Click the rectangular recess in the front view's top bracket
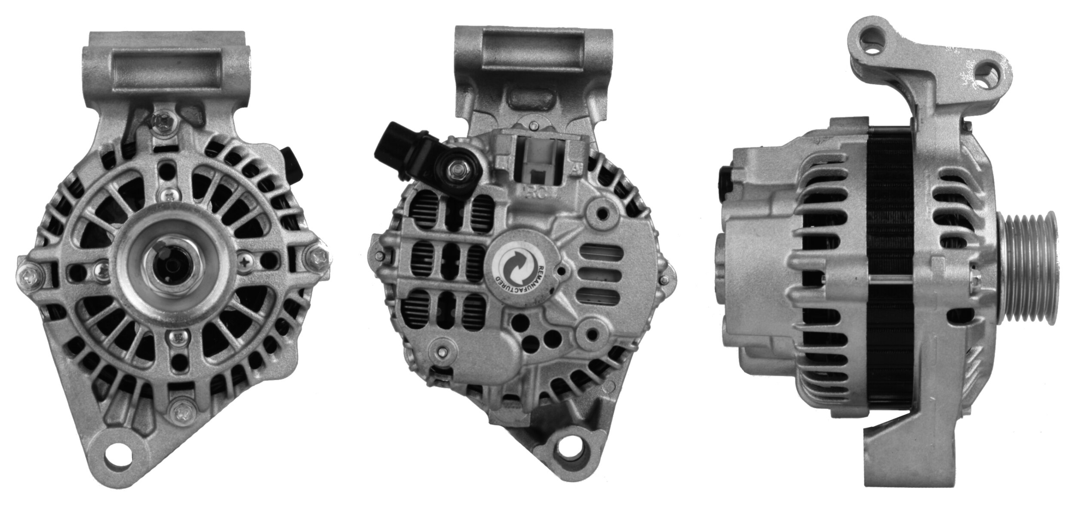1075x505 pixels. pos(167,68)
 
